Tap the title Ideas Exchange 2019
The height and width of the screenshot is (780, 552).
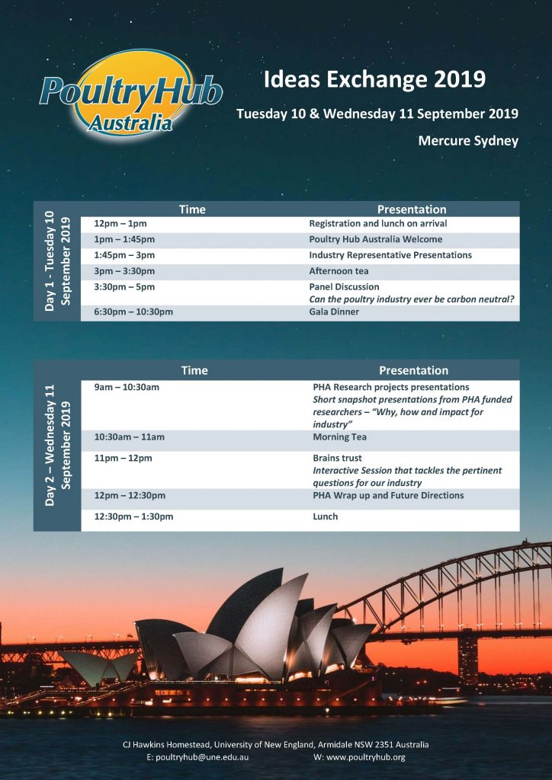coord(374,79)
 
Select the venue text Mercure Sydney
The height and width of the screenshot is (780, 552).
coord(467,140)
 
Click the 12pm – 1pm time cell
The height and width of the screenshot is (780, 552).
coord(120,224)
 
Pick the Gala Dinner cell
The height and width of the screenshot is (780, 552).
coord(334,312)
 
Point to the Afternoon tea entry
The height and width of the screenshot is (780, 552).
coord(339,271)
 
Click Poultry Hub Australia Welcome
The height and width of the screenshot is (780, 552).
coord(375,239)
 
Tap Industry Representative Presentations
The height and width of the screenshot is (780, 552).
coord(390,255)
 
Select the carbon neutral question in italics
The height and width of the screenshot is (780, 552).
coord(411,299)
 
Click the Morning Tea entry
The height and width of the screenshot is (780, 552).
coord(339,437)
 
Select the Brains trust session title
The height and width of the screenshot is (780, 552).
coord(337,459)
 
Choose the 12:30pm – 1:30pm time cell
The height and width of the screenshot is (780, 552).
coord(133,516)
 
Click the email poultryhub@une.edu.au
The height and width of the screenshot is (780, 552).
coord(197,757)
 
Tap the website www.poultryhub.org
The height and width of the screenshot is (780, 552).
coord(359,757)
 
